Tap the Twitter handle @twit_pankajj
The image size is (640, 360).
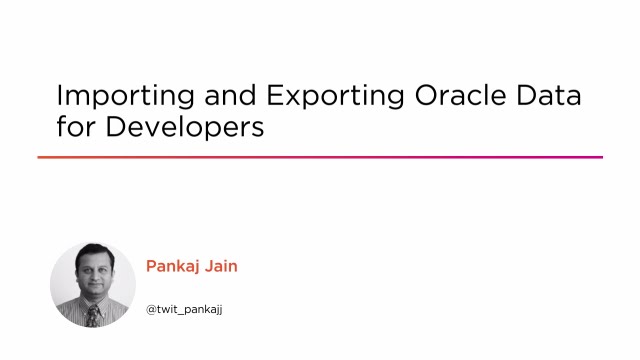pyautogui.click(x=184, y=309)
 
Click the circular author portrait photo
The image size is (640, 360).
pyautogui.click(x=92, y=284)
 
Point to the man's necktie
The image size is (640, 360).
pyautogui.click(x=91, y=317)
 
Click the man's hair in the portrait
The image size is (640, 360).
pyautogui.click(x=93, y=251)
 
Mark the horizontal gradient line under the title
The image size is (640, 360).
pyautogui.click(x=320, y=157)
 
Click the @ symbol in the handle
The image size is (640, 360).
pyautogui.click(x=152, y=309)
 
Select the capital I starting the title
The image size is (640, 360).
pyautogui.click(x=60, y=97)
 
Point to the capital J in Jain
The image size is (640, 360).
pyautogui.click(x=213, y=266)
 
